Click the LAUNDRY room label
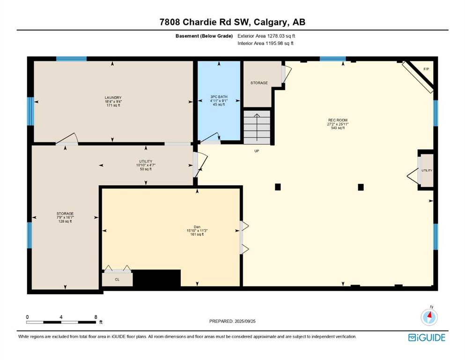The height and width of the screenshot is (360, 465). click(113, 97)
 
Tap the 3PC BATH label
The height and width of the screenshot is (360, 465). click(219, 97)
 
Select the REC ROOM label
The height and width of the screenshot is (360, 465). click(338, 120)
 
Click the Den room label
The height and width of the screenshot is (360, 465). click(197, 227)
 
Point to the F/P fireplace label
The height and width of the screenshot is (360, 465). click(426, 69)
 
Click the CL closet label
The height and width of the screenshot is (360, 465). click(117, 279)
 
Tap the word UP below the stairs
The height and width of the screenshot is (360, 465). click(257, 151)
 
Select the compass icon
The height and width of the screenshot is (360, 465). click(429, 317)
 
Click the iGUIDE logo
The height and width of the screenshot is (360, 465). click(427, 338)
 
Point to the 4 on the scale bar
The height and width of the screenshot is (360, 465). click(61, 317)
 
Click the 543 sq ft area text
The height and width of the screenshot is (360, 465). click(338, 128)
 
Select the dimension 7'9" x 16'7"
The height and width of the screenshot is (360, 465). click(65, 217)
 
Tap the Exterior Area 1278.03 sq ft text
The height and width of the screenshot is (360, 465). click(266, 36)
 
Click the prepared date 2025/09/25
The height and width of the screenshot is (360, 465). click(245, 321)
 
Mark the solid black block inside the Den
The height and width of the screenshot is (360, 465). click(156, 278)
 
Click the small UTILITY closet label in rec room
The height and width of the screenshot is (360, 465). click(427, 170)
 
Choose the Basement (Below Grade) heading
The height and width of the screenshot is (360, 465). click(204, 36)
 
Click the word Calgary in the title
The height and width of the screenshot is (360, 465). click(271, 22)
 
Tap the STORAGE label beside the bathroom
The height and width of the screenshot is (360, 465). click(259, 83)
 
